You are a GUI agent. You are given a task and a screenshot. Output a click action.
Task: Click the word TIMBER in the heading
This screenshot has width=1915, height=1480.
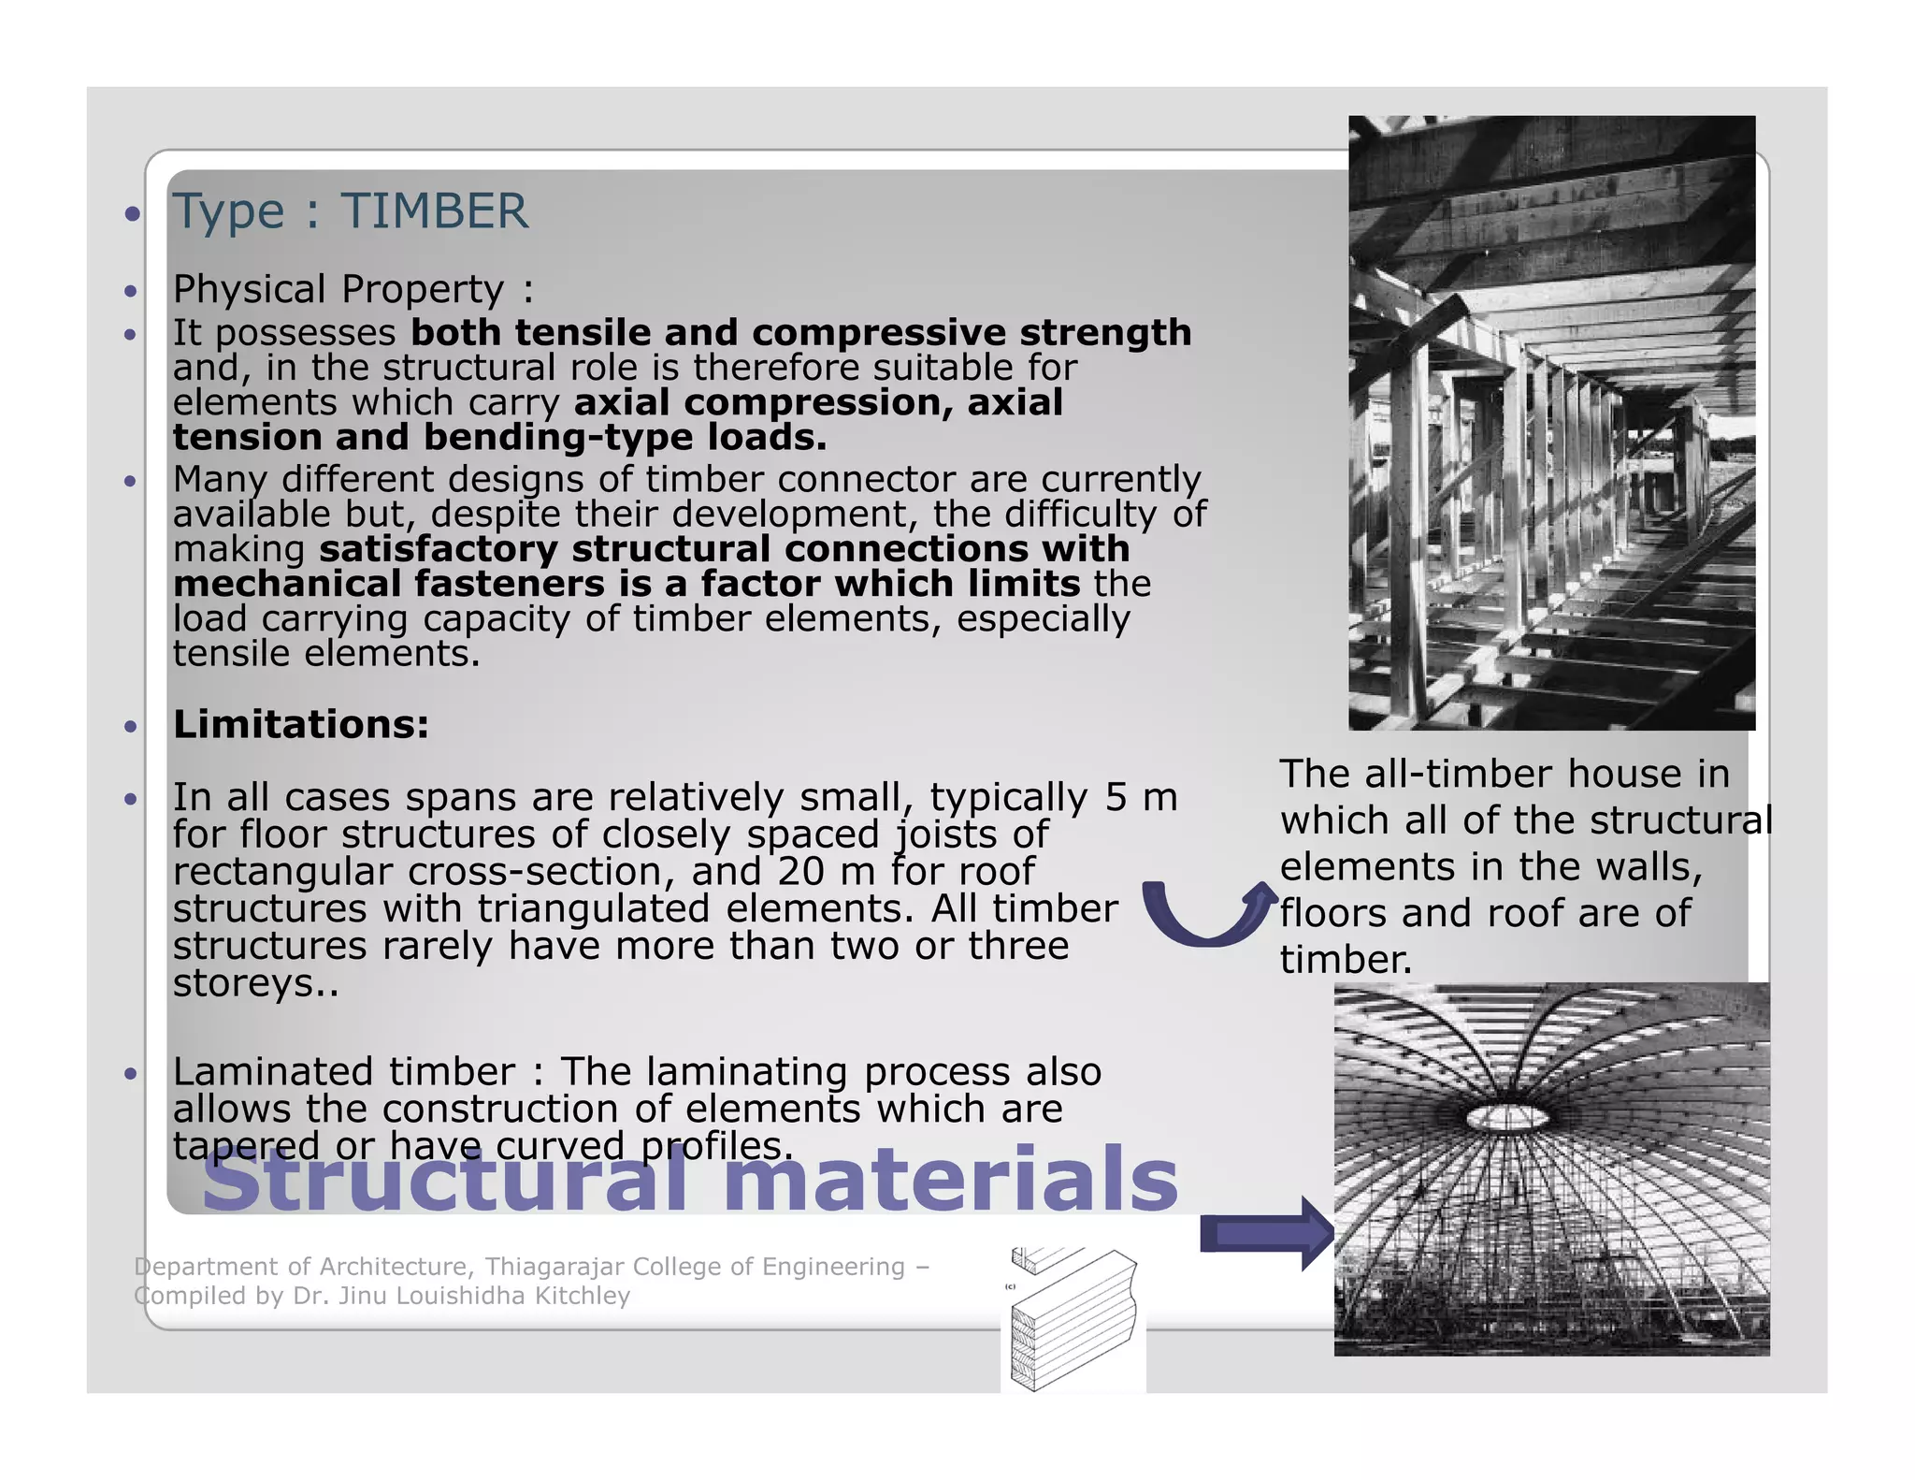434,211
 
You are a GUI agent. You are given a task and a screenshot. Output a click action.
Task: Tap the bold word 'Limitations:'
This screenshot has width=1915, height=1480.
301,724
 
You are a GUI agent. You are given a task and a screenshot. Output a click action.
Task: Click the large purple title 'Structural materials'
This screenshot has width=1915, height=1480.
690,1181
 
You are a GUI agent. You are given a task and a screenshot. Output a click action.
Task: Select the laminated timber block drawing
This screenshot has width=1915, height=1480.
1075,1319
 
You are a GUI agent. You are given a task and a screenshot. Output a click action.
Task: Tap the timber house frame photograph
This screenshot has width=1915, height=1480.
1551,422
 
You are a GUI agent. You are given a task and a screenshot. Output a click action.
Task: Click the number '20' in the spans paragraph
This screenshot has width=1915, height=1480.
800,872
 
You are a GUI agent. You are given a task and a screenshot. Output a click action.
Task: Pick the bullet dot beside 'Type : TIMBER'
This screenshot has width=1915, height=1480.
133,214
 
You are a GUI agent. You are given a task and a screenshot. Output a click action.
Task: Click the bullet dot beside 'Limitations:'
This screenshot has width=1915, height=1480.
131,727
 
